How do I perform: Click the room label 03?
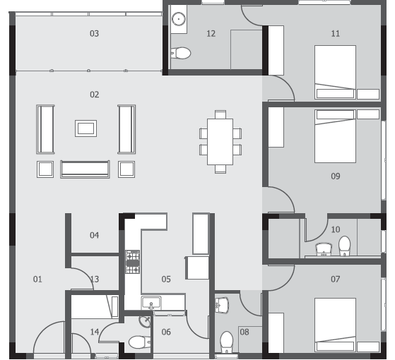tap(94, 33)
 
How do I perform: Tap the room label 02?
tap(94, 95)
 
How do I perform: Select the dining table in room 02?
tap(220, 142)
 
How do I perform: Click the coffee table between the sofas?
tap(86, 128)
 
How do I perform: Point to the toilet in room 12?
tap(181, 53)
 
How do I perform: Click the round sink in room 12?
tap(179, 19)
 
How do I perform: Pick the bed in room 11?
tap(335, 72)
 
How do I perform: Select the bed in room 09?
tap(335, 136)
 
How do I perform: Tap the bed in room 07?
tap(335, 325)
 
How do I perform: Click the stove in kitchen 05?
tap(133, 262)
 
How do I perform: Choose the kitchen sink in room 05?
tap(151, 303)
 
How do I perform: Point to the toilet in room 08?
tap(226, 342)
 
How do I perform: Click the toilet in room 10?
tap(344, 246)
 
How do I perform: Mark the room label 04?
tap(94, 235)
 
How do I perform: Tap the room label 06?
tap(166, 332)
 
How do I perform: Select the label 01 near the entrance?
tap(37, 279)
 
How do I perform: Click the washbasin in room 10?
tap(324, 249)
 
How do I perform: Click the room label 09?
tap(336, 176)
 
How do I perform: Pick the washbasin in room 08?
tap(222, 305)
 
